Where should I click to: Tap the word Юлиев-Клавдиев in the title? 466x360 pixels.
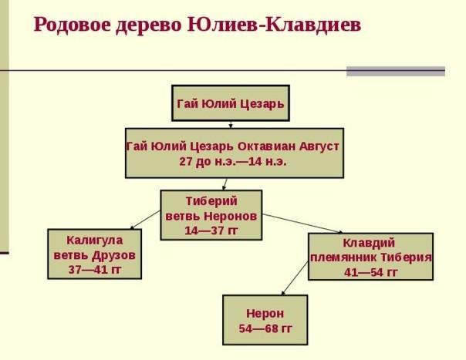274,25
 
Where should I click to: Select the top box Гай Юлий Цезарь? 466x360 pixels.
231,103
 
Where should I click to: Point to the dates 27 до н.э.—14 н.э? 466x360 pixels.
232,162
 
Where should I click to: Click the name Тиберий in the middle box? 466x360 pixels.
211,200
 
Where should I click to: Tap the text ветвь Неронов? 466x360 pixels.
211,215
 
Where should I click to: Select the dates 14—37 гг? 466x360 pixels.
211,230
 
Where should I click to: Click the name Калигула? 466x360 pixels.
95,240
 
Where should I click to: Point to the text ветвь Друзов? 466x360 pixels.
95,254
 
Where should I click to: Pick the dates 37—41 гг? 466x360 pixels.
95,269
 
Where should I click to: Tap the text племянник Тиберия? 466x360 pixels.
370,257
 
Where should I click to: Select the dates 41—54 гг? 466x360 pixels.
370,272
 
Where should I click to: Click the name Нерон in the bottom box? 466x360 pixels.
265,314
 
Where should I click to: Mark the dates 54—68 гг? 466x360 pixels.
265,328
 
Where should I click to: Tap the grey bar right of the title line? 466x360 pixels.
395,71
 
